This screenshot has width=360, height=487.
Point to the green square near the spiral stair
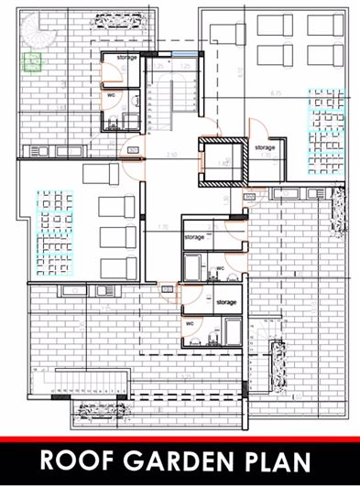pyautogui.click(x=32, y=61)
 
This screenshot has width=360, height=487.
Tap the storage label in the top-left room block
pyautogui.click(x=127, y=58)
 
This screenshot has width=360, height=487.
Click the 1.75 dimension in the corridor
pyautogui.click(x=163, y=227)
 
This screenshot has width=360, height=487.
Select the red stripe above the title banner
pyautogui.click(x=180, y=439)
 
